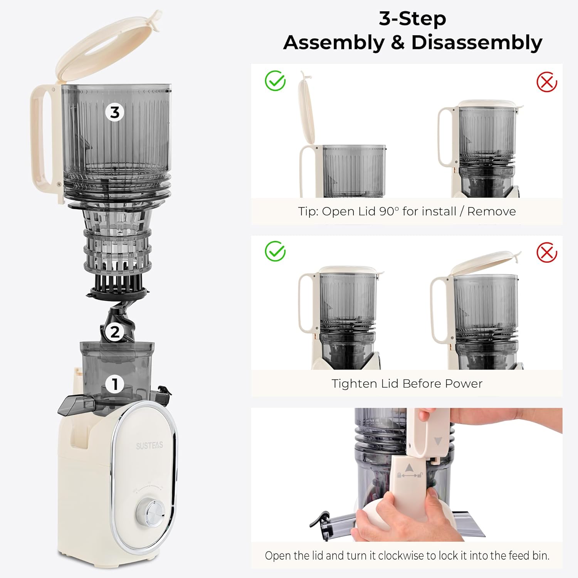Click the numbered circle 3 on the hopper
pos(115,112)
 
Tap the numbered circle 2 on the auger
pos(115,332)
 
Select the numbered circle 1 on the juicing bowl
pos(115,384)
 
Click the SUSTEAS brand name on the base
pos(150,446)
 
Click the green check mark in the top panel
pos(275,81)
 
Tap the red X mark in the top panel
pos(547,82)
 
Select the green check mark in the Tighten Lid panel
pos(275,251)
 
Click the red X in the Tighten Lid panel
pos(547,253)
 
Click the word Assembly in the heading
pos(334,43)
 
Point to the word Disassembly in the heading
pos(477,43)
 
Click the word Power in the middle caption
pos(463,383)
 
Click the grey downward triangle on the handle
pos(438,441)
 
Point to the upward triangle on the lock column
pos(409,467)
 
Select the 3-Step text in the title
pos(412,18)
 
